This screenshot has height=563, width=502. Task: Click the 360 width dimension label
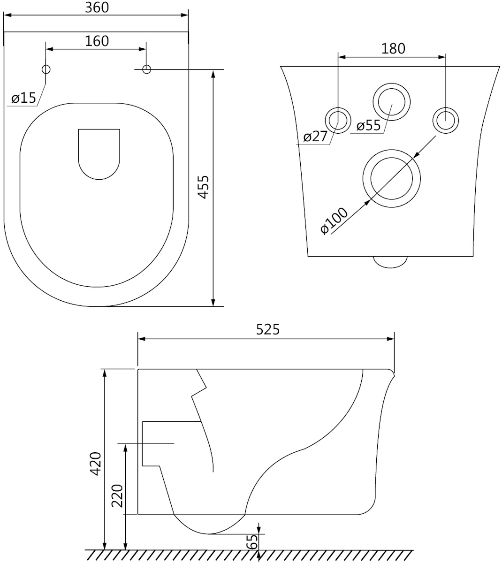[97, 8]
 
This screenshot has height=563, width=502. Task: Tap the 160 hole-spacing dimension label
[97, 41]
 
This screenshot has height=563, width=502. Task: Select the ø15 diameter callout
[24, 98]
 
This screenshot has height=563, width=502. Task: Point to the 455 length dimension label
[204, 187]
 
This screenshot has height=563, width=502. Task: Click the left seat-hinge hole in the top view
[46, 69]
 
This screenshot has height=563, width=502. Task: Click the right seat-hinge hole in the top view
[146, 69]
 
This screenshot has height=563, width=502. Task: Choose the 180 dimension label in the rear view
[393, 49]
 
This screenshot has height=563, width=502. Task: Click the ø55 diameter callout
[369, 126]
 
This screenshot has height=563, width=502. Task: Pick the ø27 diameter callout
[315, 137]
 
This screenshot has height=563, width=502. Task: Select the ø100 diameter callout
[334, 221]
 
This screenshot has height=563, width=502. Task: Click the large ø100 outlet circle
[392, 150]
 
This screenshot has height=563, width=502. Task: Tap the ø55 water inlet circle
[392, 84]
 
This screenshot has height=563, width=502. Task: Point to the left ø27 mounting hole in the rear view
[338, 108]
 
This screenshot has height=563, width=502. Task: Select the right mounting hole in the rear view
[446, 108]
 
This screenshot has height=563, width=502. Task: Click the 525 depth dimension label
[268, 330]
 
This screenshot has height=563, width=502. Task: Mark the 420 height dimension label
[96, 464]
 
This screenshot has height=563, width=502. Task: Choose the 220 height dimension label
[117, 496]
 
